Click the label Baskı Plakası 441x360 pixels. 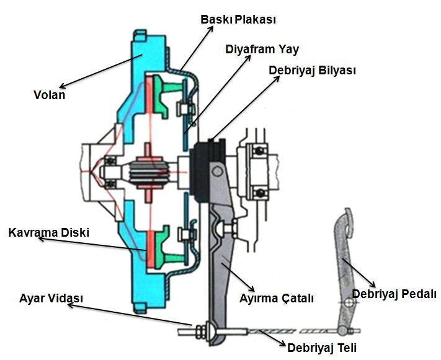tap(238, 20)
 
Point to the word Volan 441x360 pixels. tap(49, 95)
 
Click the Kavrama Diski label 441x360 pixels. tap(49, 234)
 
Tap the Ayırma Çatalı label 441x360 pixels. tap(277, 298)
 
